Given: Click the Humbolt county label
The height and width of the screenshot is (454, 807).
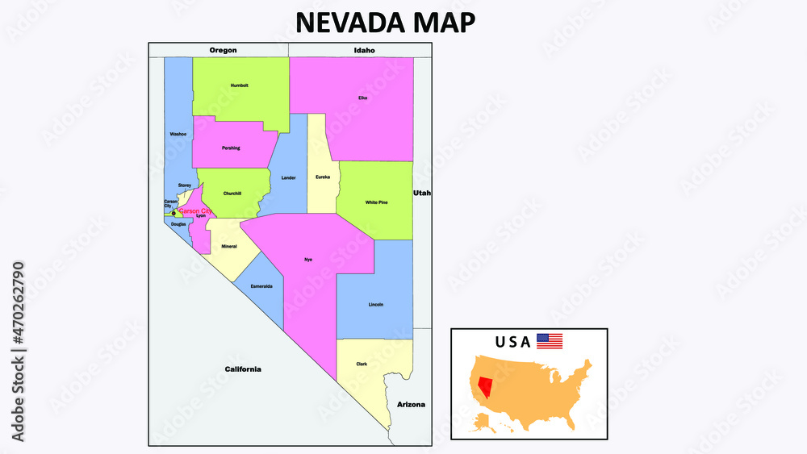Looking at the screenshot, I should point(240,85).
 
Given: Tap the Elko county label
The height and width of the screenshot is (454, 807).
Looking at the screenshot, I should point(362,98).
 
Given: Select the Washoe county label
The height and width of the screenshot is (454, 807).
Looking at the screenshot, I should point(178,134).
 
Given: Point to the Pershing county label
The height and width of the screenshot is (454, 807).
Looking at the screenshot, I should point(231,148).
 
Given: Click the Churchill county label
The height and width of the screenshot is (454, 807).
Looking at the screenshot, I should point(232,193).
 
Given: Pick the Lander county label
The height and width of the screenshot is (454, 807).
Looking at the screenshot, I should point(288,177).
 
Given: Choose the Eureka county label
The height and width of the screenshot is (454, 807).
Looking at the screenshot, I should point(323,177).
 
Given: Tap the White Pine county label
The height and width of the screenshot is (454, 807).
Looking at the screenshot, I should point(376,202).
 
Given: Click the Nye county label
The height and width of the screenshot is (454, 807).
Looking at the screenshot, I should point(307,259).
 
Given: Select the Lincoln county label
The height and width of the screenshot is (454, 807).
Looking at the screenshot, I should point(375,304).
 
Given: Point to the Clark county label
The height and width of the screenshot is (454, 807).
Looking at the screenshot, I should point(362,364).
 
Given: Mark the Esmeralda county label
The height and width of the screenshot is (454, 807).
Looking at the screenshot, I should point(261,286).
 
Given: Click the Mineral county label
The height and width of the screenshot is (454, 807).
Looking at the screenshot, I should point(229,245).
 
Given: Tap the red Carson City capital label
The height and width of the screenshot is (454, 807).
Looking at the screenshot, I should point(195,210).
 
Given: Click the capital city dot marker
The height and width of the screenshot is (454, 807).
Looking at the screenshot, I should point(174,214).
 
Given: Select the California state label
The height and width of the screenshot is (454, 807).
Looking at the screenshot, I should point(243,369).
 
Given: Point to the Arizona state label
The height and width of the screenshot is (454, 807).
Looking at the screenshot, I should point(411,404).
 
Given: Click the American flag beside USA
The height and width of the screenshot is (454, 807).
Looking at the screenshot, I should point(550,341).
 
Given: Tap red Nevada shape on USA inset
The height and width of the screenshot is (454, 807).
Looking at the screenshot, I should point(485,386).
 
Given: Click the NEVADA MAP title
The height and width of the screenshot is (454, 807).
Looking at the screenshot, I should point(385,23).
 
